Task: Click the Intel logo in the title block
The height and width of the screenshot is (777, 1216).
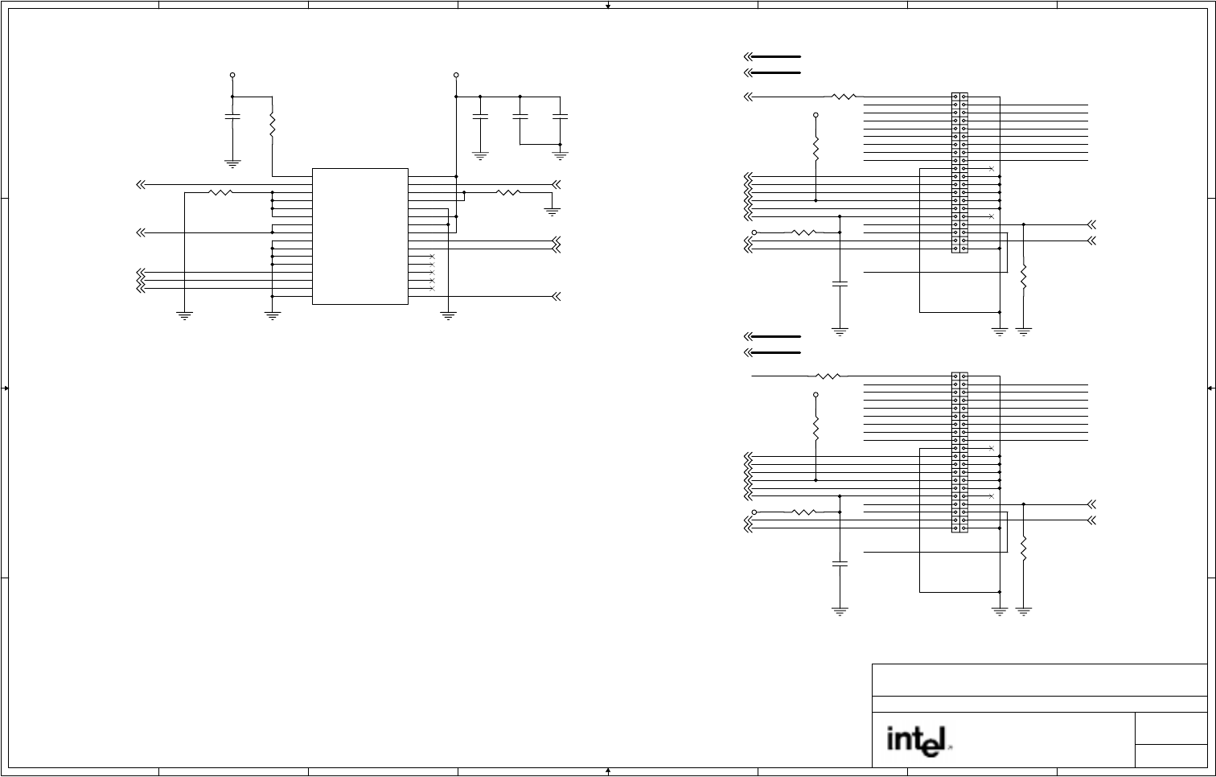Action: point(918,741)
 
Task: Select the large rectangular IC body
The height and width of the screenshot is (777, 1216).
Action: point(359,236)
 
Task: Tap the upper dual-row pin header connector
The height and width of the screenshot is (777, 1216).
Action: point(959,172)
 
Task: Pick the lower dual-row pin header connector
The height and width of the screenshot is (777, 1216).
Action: point(959,452)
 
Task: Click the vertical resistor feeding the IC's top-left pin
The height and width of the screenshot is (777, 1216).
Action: point(273,125)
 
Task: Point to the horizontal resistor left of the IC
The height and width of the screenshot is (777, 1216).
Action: point(220,192)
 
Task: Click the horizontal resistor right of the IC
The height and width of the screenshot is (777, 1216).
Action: point(508,192)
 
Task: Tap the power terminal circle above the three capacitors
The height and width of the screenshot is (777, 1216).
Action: point(456,75)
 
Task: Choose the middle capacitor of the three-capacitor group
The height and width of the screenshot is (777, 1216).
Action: point(520,117)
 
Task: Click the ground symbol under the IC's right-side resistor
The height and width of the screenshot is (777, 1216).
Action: point(553,212)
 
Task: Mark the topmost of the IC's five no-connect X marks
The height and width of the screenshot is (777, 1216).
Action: point(433,257)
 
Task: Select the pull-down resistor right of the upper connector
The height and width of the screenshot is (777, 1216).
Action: point(1024,277)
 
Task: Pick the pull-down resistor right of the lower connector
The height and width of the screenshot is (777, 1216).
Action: point(1024,549)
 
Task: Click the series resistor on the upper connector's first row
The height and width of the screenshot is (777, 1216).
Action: point(844,97)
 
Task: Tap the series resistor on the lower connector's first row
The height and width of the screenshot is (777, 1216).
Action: point(828,376)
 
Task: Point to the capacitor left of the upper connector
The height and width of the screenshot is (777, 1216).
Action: point(840,284)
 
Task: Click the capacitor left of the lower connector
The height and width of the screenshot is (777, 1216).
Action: point(840,564)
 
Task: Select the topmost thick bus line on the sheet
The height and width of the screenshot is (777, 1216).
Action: point(774,57)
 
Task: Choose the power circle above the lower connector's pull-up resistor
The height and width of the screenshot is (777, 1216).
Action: point(815,395)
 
